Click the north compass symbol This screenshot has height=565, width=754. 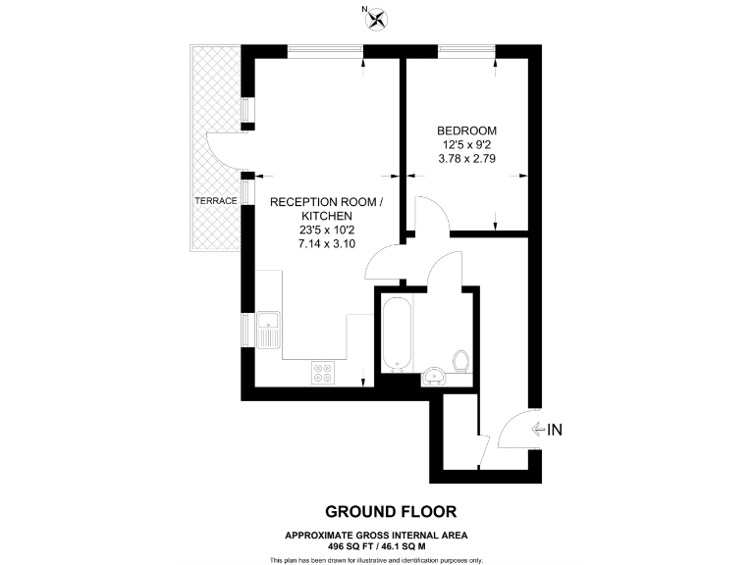point(376,16)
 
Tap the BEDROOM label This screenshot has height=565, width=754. point(466,130)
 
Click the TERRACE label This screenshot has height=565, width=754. point(215,201)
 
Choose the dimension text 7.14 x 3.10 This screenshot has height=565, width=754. point(322,244)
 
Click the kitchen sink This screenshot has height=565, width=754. point(268,329)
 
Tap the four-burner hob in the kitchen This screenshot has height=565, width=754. point(323,372)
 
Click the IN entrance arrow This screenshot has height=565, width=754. point(546,429)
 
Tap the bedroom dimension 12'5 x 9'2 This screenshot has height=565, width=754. point(466,145)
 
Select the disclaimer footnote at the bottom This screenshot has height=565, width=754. point(377,559)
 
